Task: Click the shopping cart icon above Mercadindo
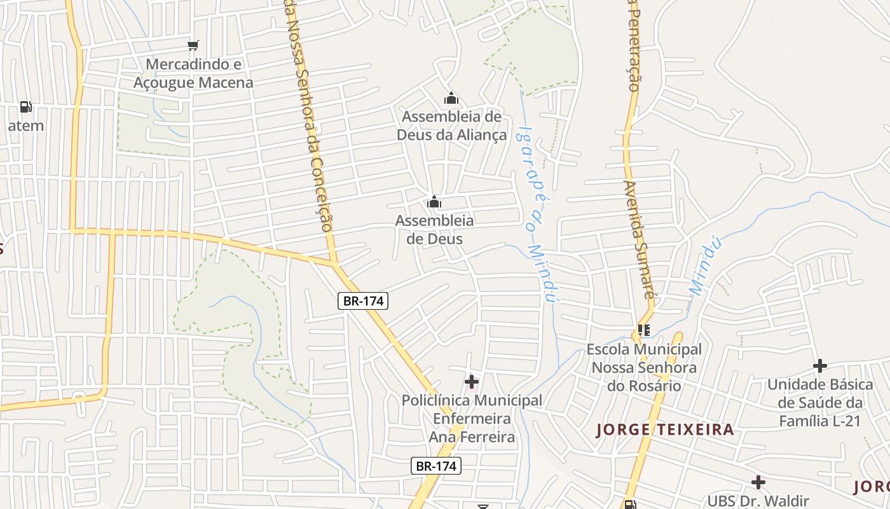pos(193,45)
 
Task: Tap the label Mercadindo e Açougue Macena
pos(193,73)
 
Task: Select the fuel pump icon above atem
pos(25,106)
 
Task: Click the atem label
pos(26,125)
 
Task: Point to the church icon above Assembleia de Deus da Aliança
pos(451,98)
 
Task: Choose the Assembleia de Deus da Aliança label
pos(451,125)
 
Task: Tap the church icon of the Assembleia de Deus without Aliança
pos(434,202)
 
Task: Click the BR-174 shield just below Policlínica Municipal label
pos(435,466)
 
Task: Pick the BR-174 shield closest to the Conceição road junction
pos(362,301)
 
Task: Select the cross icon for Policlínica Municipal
pos(471,382)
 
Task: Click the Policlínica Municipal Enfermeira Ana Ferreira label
pos(472,419)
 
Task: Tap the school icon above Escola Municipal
pos(644,330)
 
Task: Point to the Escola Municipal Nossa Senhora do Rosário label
pos(644,367)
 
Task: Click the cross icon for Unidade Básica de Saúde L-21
pos(820,366)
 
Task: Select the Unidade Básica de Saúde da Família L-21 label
pos(820,403)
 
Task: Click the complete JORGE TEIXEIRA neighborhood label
pos(665,429)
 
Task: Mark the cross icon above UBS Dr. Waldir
pos(758,482)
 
